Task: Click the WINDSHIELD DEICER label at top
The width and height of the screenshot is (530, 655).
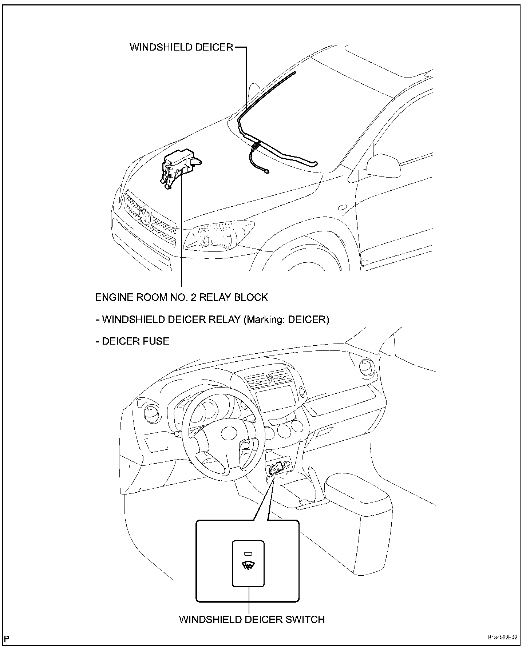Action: (181, 47)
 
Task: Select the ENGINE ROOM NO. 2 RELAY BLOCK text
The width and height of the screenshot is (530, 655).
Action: (181, 297)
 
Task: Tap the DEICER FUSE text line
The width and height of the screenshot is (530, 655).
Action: (132, 341)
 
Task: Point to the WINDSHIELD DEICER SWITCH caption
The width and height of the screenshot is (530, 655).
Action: (252, 619)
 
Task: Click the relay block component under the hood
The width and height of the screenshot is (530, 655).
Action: (180, 166)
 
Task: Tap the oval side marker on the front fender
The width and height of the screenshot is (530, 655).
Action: (342, 207)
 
